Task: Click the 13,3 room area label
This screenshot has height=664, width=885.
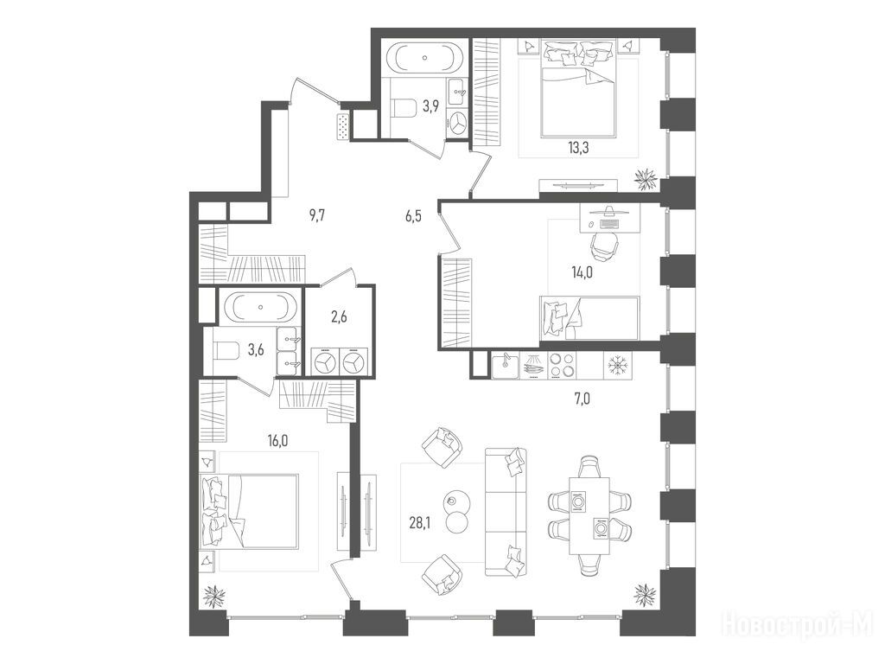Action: click(578, 148)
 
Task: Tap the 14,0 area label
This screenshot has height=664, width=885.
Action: click(582, 272)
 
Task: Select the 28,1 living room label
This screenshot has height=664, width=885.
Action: click(419, 522)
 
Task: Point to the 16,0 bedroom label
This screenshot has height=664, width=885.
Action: click(277, 441)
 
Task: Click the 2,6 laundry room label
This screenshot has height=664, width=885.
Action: click(339, 316)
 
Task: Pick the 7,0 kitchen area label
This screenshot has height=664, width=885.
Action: click(582, 399)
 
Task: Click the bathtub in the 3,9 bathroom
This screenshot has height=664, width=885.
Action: click(426, 58)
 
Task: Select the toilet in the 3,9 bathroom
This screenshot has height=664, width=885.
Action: click(403, 107)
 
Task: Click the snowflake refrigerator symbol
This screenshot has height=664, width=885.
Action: click(618, 366)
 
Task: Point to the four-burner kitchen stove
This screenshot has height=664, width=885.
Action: click(561, 365)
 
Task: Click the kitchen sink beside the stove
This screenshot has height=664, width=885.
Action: click(506, 366)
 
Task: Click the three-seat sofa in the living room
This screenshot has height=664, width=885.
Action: click(506, 512)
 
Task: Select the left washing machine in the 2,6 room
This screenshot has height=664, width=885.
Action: click(325, 361)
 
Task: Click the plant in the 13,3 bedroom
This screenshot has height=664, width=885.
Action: click(646, 178)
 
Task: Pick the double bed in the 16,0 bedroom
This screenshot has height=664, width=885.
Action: click(249, 511)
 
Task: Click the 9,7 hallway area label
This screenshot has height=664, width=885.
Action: click(318, 215)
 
